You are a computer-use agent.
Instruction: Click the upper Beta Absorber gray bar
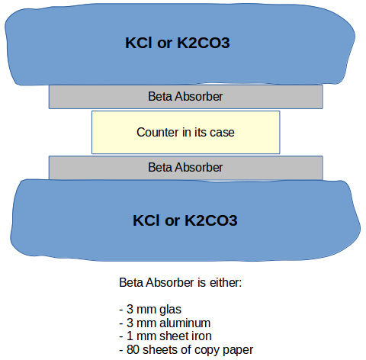point(186,97)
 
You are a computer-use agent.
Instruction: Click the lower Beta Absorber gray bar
point(186,168)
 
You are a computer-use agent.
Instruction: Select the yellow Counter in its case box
point(186,132)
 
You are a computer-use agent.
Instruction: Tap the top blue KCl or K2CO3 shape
point(180,43)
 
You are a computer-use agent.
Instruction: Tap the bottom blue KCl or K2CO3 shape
point(185,220)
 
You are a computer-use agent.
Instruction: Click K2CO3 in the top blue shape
point(204,43)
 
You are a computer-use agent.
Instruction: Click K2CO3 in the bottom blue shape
point(211,220)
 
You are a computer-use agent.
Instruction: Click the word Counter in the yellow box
point(158,132)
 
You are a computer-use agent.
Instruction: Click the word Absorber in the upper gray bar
point(199,97)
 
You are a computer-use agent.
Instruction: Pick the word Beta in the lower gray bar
point(160,168)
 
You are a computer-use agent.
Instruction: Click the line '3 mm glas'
point(150,310)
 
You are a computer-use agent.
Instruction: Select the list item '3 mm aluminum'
point(165,323)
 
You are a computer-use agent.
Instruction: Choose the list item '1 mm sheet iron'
point(165,336)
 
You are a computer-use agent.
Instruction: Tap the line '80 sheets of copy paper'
point(186,350)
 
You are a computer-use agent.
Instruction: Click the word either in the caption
point(226,283)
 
